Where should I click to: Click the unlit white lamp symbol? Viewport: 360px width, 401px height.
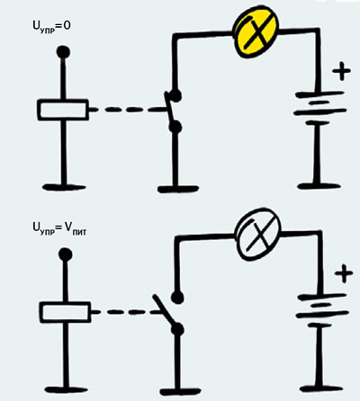tap(258, 235)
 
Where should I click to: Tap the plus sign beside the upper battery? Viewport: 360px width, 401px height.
tap(341, 71)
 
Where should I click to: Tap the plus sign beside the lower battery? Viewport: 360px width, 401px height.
tap(344, 273)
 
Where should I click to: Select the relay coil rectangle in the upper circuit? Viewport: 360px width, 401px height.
tap(63, 110)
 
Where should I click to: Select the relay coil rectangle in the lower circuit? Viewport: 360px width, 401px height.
tap(66, 312)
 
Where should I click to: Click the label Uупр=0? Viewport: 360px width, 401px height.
tap(51, 26)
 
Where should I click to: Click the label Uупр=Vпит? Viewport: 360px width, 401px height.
tap(59, 228)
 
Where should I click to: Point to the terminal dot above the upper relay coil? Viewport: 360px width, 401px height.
tap(63, 52)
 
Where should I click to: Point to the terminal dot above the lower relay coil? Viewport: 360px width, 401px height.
tap(66, 255)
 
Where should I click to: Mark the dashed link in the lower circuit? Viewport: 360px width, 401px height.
tap(128, 312)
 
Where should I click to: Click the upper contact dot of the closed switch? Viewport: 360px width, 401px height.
tap(175, 95)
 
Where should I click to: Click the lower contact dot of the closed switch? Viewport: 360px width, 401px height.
tap(175, 127)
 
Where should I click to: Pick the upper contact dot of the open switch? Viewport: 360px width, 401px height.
tap(177, 297)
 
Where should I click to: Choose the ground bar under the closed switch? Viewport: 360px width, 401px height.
tap(178, 189)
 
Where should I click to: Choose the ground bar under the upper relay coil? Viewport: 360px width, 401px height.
tap(64, 187)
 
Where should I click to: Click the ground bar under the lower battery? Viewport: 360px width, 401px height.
tap(320, 388)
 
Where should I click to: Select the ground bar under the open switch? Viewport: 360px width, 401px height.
tap(180, 391)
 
